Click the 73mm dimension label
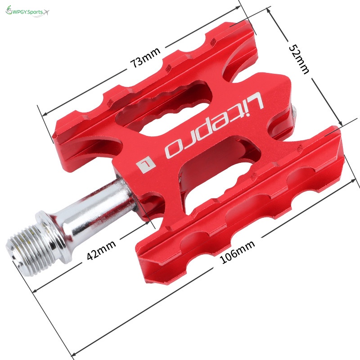pos(145,58)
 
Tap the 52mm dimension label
pos(299,59)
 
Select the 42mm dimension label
pos(101,250)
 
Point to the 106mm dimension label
pos(237,252)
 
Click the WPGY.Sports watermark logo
pos(27,12)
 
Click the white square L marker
pos(146,164)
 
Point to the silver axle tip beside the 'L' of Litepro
pos(294,114)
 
